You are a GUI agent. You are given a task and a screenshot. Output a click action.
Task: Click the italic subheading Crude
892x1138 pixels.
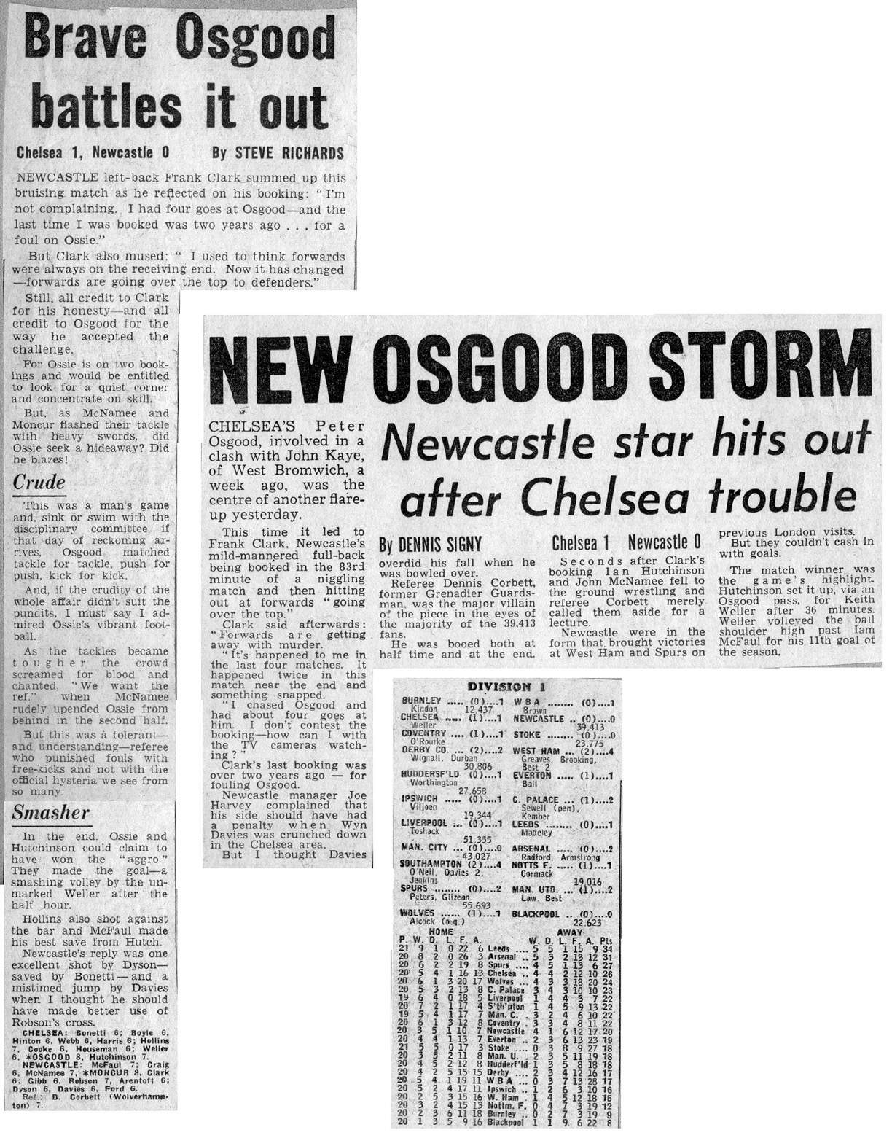(39, 483)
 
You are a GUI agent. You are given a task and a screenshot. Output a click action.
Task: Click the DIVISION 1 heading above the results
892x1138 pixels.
(509, 687)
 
